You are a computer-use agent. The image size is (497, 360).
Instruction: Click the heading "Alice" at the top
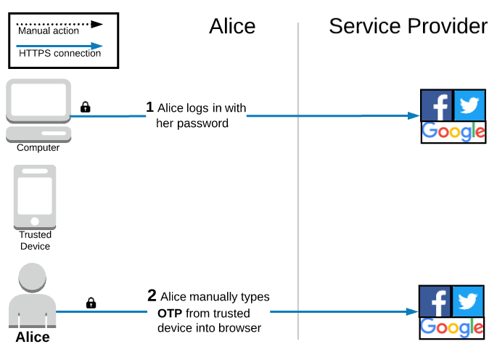point(232,26)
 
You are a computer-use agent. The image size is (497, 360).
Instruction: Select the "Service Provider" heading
point(408,26)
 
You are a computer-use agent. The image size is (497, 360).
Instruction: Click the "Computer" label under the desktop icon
point(38,148)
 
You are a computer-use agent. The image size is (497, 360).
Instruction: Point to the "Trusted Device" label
point(35,240)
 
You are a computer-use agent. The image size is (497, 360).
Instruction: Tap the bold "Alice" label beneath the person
point(33,337)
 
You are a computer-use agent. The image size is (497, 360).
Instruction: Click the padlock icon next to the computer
point(85,107)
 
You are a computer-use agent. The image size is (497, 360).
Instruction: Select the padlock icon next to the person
point(91,303)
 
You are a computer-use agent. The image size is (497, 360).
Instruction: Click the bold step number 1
point(150,107)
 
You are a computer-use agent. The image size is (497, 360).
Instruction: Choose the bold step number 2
point(152,296)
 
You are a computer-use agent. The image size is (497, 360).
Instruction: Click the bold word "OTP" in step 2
point(170,313)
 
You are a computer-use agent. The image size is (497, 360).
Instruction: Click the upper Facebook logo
point(437,106)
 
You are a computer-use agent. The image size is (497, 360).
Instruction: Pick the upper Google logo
point(453,131)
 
